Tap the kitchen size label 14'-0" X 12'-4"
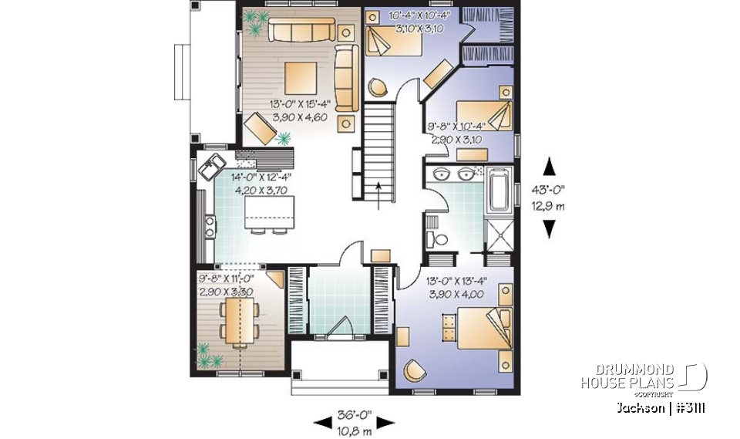266,177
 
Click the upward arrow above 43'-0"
549,165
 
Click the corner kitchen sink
210,166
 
